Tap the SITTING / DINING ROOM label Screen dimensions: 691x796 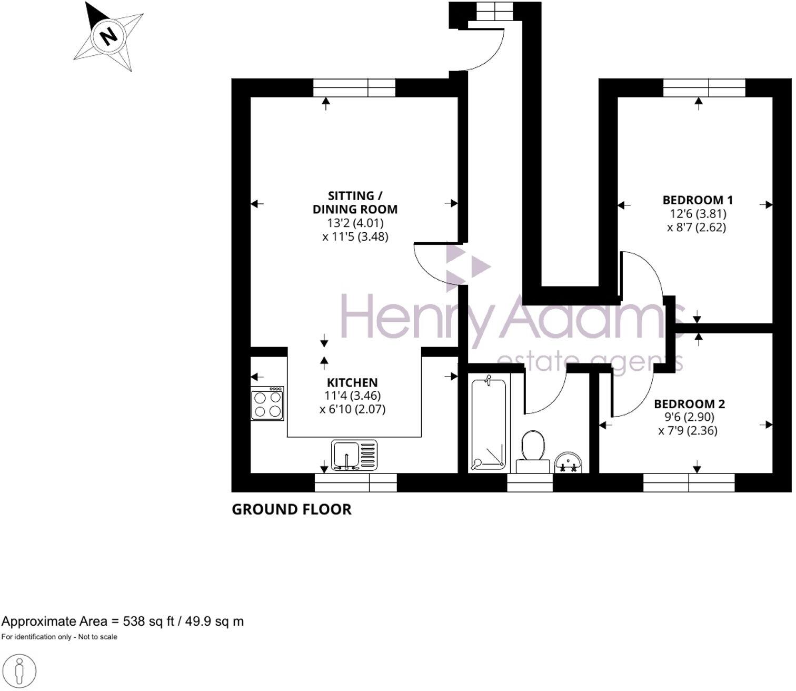pos(355,202)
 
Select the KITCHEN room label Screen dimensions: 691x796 pos(352,383)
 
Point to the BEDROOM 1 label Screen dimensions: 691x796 pos(697,200)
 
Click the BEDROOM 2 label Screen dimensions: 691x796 pos(689,404)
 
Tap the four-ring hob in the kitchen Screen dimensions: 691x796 pos(267,404)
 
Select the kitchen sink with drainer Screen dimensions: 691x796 pos(354,455)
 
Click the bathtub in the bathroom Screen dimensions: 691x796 pos(488,423)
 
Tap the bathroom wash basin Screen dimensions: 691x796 pos(568,462)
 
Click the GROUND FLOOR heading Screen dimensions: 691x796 pos(291,509)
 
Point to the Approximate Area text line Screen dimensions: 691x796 pos(122,621)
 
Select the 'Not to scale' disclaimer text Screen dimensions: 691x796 pos(59,637)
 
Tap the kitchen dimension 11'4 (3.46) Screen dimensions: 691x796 pos(352,395)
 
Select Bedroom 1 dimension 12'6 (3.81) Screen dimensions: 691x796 pos(697,214)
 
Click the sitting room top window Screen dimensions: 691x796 pos(354,88)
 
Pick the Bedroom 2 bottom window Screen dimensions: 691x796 pos(689,482)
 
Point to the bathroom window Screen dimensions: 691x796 pos(530,482)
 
